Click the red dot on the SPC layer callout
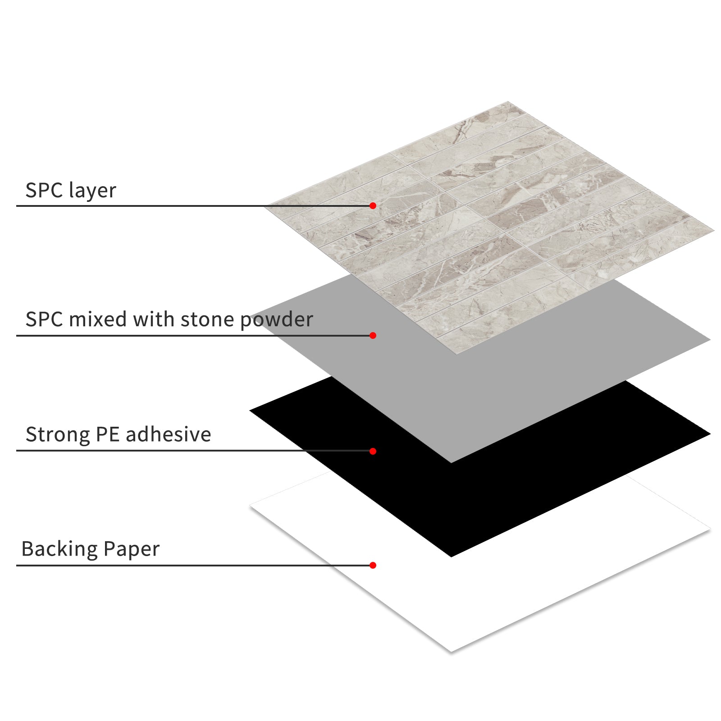click(x=373, y=205)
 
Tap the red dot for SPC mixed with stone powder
click(x=373, y=335)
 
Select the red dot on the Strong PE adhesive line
click(x=373, y=451)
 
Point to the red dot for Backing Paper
click(x=373, y=565)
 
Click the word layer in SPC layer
click(x=93, y=191)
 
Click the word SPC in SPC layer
click(x=44, y=191)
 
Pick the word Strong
click(x=58, y=435)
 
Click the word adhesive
click(x=168, y=434)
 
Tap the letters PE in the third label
click(x=108, y=434)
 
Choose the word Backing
click(x=59, y=549)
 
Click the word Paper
click(x=131, y=549)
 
